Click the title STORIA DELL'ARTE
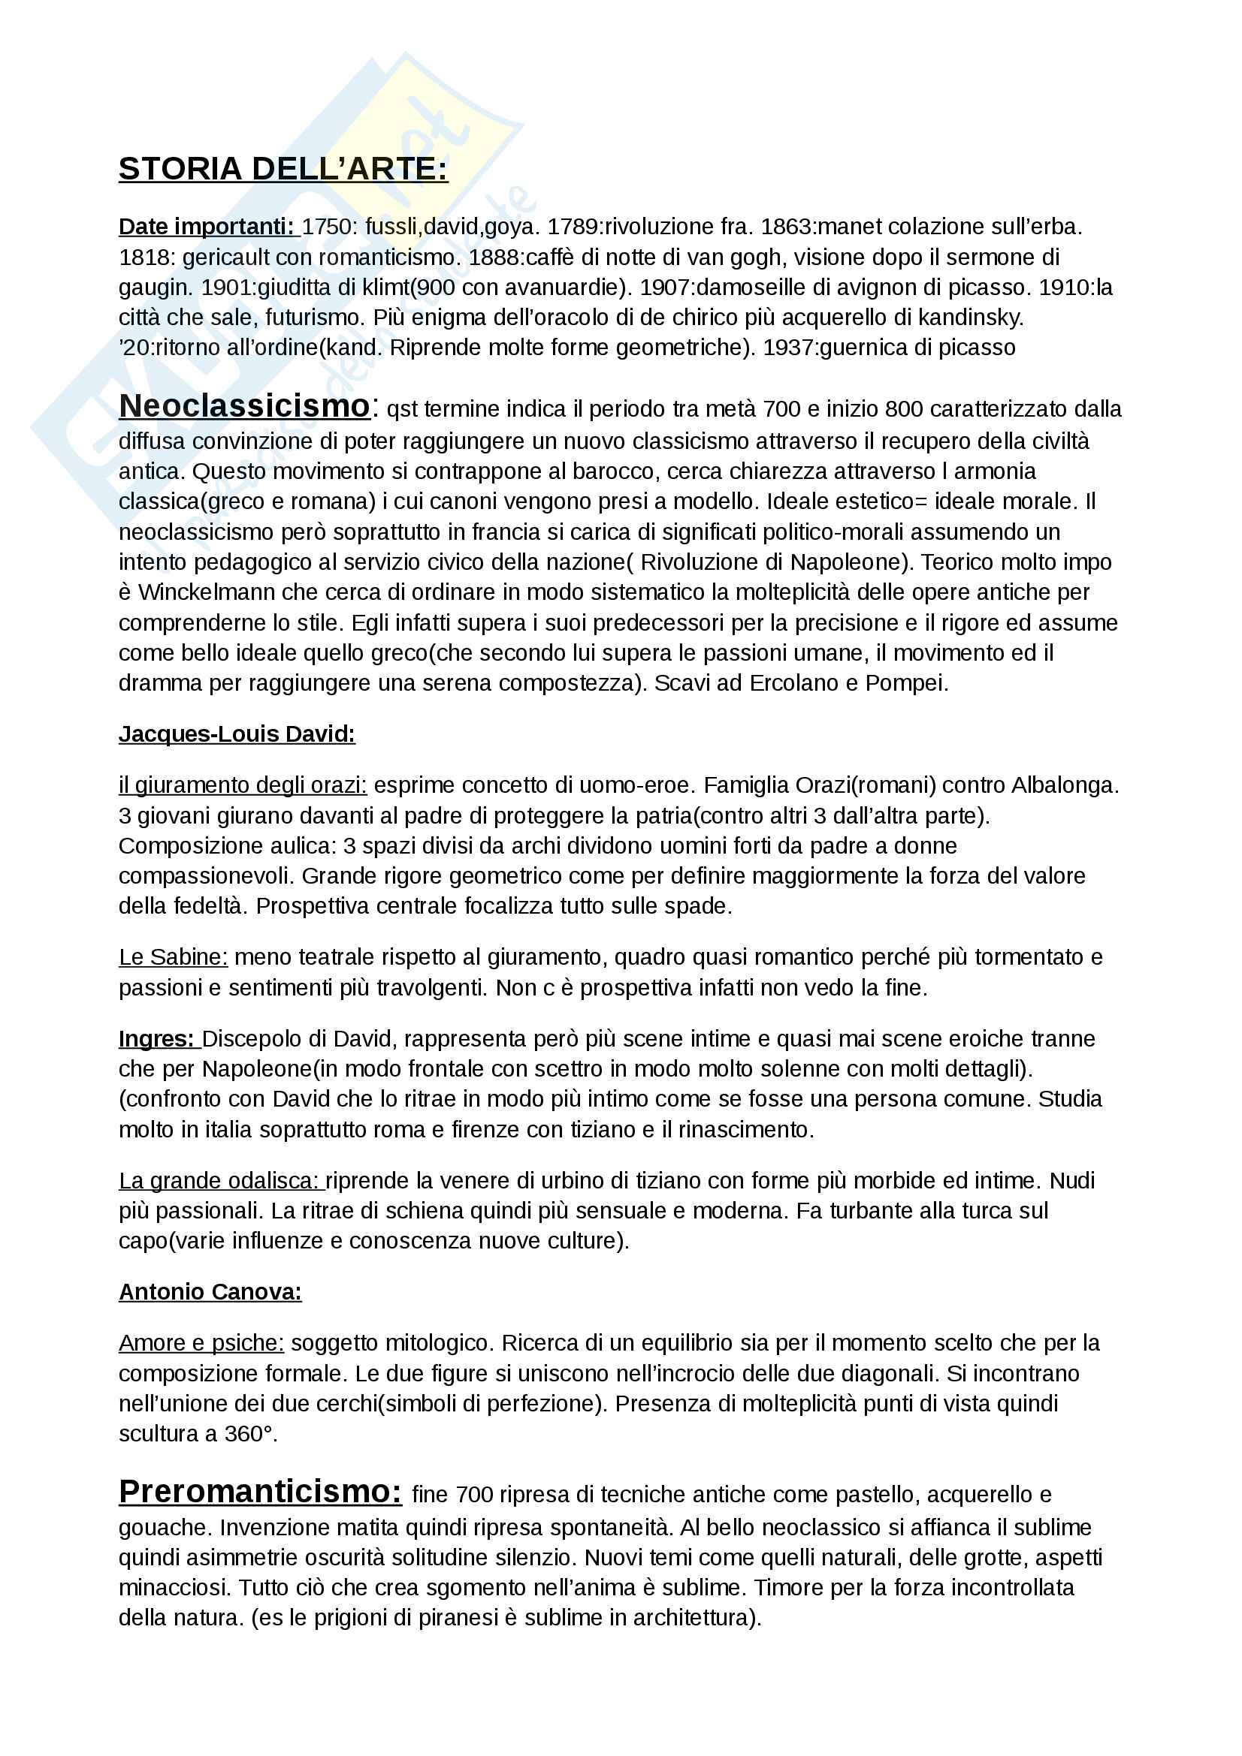(x=283, y=169)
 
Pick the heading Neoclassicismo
(x=244, y=407)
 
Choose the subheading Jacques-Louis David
(x=237, y=735)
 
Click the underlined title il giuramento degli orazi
(x=243, y=786)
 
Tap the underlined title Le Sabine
(x=173, y=957)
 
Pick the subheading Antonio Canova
(x=210, y=1293)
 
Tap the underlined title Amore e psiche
(x=201, y=1344)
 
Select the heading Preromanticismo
(x=260, y=1492)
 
